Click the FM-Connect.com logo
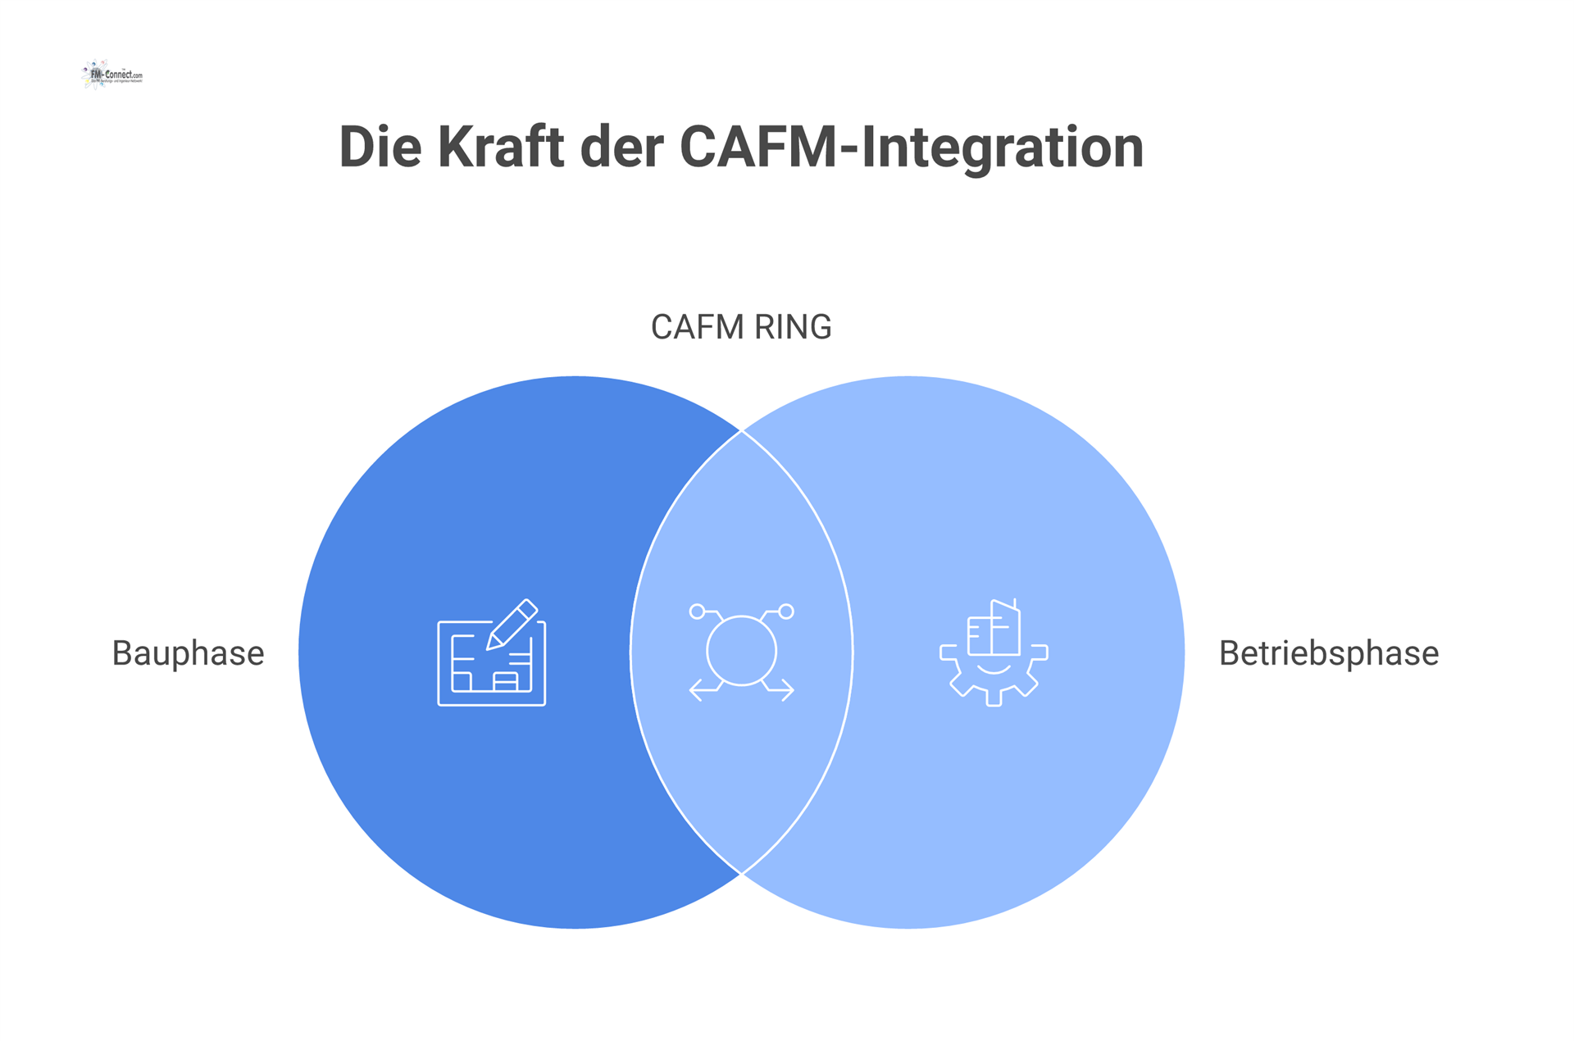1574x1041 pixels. click(x=112, y=75)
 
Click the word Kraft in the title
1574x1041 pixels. click(x=500, y=148)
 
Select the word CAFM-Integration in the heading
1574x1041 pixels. click(x=911, y=148)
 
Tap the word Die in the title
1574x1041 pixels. click(x=380, y=148)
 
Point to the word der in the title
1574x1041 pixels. click(x=621, y=148)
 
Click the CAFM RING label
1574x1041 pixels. click(x=740, y=327)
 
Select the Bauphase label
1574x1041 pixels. click(x=188, y=653)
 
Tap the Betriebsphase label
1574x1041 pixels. click(x=1328, y=653)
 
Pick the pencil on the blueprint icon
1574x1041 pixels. click(x=513, y=624)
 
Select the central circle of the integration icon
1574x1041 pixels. click(x=741, y=650)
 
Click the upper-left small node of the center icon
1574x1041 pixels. click(x=697, y=611)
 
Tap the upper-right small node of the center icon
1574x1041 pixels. click(x=786, y=611)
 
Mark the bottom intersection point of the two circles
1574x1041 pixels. click(x=741, y=874)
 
